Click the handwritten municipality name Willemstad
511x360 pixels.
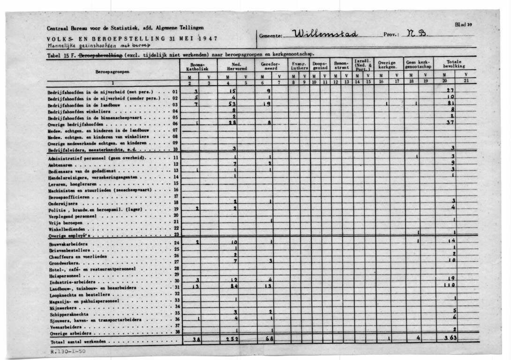(325, 34)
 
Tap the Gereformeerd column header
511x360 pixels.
(271, 67)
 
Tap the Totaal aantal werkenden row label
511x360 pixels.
(77, 341)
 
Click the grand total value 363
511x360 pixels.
(451, 338)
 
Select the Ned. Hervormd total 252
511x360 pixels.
(233, 338)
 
